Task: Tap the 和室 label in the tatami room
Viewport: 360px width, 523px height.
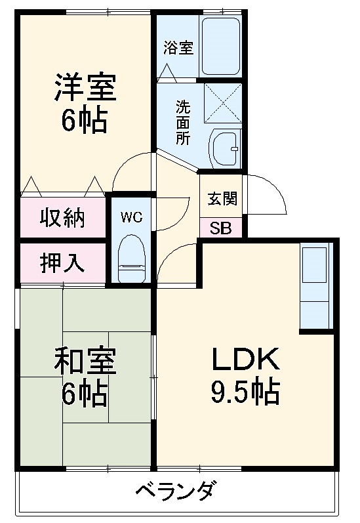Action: coord(85,361)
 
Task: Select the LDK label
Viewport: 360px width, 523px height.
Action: coord(245,359)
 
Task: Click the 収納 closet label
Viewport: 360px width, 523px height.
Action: coord(63,218)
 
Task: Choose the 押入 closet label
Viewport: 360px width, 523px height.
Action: coord(63,263)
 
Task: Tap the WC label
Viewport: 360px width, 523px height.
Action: coord(131,217)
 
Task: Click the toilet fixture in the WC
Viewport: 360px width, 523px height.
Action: coord(130,259)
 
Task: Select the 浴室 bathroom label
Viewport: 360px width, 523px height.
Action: coord(178,47)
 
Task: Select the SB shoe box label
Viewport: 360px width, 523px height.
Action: coord(220,228)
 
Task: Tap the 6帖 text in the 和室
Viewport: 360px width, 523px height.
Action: coord(85,394)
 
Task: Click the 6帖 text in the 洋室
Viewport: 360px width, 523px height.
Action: coord(85,121)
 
